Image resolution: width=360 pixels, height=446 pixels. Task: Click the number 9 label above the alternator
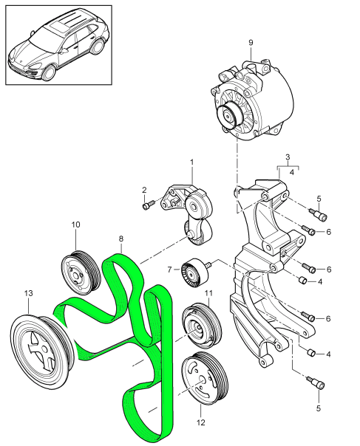(251, 44)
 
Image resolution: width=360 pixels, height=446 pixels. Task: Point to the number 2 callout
(144, 191)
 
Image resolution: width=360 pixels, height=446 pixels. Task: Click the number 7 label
(169, 269)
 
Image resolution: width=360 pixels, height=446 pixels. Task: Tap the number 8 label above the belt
(121, 240)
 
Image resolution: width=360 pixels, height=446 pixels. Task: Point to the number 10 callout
(75, 224)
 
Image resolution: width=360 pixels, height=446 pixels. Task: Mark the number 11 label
(208, 293)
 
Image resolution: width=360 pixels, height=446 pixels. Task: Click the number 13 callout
(28, 293)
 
